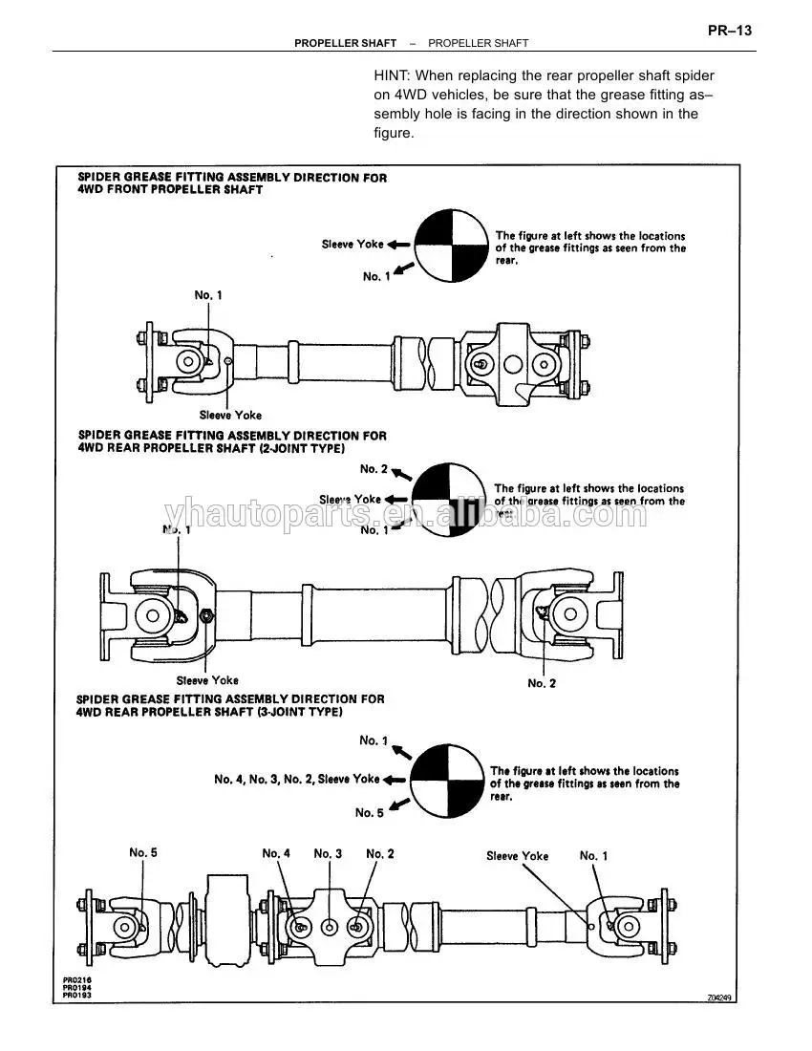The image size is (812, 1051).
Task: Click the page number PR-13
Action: pos(730,31)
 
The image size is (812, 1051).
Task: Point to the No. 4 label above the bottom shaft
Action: pos(276,853)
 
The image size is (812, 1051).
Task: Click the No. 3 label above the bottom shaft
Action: pos(328,853)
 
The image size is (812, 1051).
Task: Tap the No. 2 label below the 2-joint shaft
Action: pos(543,683)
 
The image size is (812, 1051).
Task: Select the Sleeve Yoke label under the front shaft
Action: pos(230,416)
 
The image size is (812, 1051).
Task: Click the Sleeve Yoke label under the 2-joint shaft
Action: pos(207,680)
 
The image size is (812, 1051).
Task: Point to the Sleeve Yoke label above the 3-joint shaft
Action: pos(517,856)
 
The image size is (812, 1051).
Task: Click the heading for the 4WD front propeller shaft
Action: pos(232,183)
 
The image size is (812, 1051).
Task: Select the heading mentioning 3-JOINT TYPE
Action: pos(230,705)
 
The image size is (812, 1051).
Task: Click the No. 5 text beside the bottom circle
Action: pos(370,812)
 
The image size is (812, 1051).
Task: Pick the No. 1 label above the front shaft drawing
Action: pos(208,295)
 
